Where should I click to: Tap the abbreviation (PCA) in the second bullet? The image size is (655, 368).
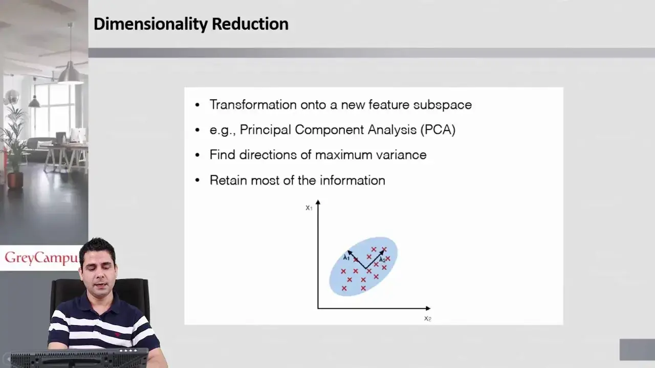pyautogui.click(x=438, y=130)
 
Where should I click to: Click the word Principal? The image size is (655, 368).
pyautogui.click(x=265, y=130)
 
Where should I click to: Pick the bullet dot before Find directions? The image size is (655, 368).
pyautogui.click(x=198, y=155)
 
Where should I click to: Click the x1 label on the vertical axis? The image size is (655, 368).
pyautogui.click(x=309, y=208)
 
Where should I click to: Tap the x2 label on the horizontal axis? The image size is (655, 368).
pyautogui.click(x=427, y=318)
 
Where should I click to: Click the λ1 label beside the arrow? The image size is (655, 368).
pyautogui.click(x=346, y=258)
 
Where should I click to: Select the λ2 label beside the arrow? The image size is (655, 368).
pyautogui.click(x=382, y=260)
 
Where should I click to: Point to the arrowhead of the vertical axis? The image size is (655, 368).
pyautogui.click(x=318, y=202)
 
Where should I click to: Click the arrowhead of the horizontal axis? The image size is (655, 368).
pyautogui.click(x=428, y=308)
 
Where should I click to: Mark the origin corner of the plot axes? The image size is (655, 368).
pyautogui.click(x=318, y=308)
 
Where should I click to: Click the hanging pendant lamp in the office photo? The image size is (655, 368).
pyautogui.click(x=70, y=74)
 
